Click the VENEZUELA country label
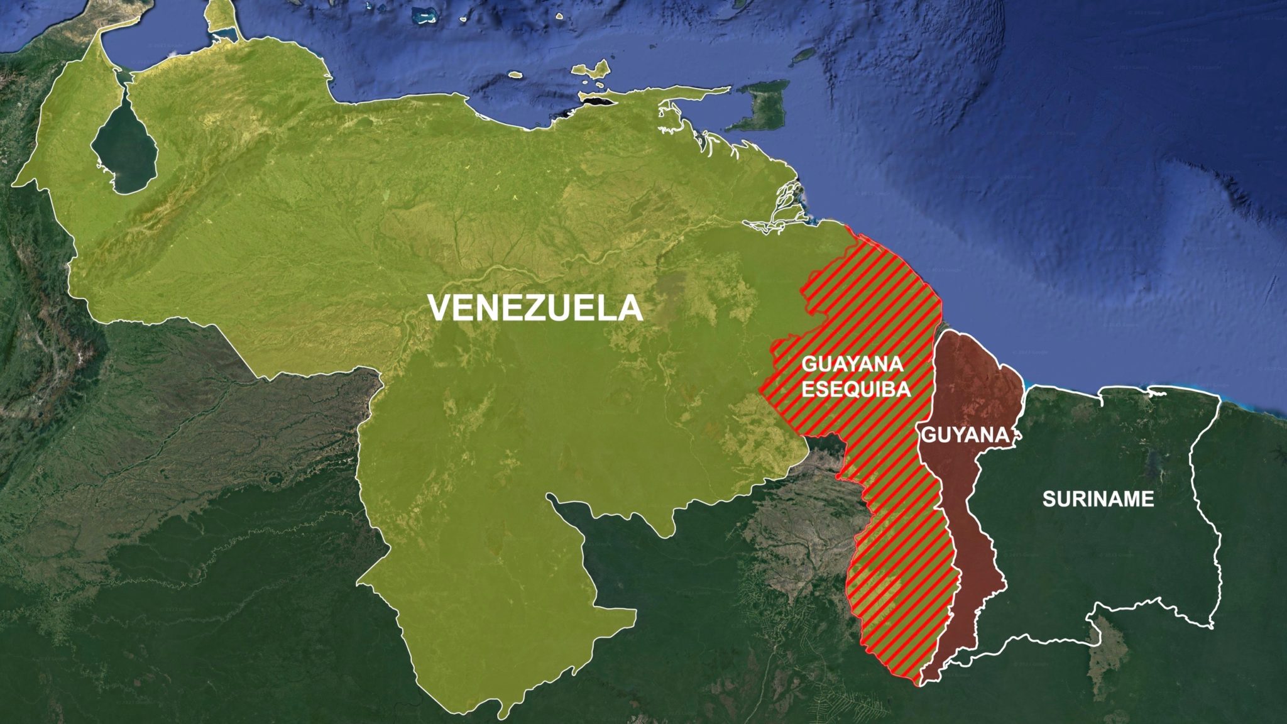coord(535,309)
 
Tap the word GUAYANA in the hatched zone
coord(852,364)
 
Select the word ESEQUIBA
coord(856,389)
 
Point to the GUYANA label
coord(965,435)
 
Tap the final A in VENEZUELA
coord(630,309)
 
